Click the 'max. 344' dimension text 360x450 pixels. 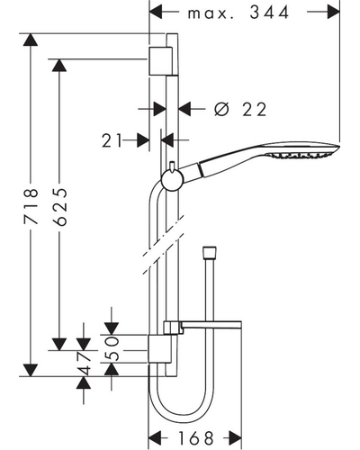coord(238,13)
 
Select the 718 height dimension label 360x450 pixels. coord(31,206)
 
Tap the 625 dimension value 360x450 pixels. coord(59,207)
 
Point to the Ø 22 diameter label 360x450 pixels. coord(240,109)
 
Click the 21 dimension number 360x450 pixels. coord(112,140)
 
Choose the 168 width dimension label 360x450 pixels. coord(196,438)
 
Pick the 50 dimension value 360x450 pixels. coord(112,348)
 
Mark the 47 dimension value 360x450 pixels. coord(84,364)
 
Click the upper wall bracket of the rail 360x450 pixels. coord(160,61)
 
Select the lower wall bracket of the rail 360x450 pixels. coord(160,349)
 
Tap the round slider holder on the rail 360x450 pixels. coord(172,180)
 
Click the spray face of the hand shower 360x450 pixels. coord(301,156)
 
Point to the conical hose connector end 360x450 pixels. coord(210,252)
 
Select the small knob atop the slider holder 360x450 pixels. coord(172,166)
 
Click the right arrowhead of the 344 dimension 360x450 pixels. coord(333,12)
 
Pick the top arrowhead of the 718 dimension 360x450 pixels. coord(31,40)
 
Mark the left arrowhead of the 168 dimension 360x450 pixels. coord(155,438)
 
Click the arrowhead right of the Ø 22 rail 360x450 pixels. coord(185,109)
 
